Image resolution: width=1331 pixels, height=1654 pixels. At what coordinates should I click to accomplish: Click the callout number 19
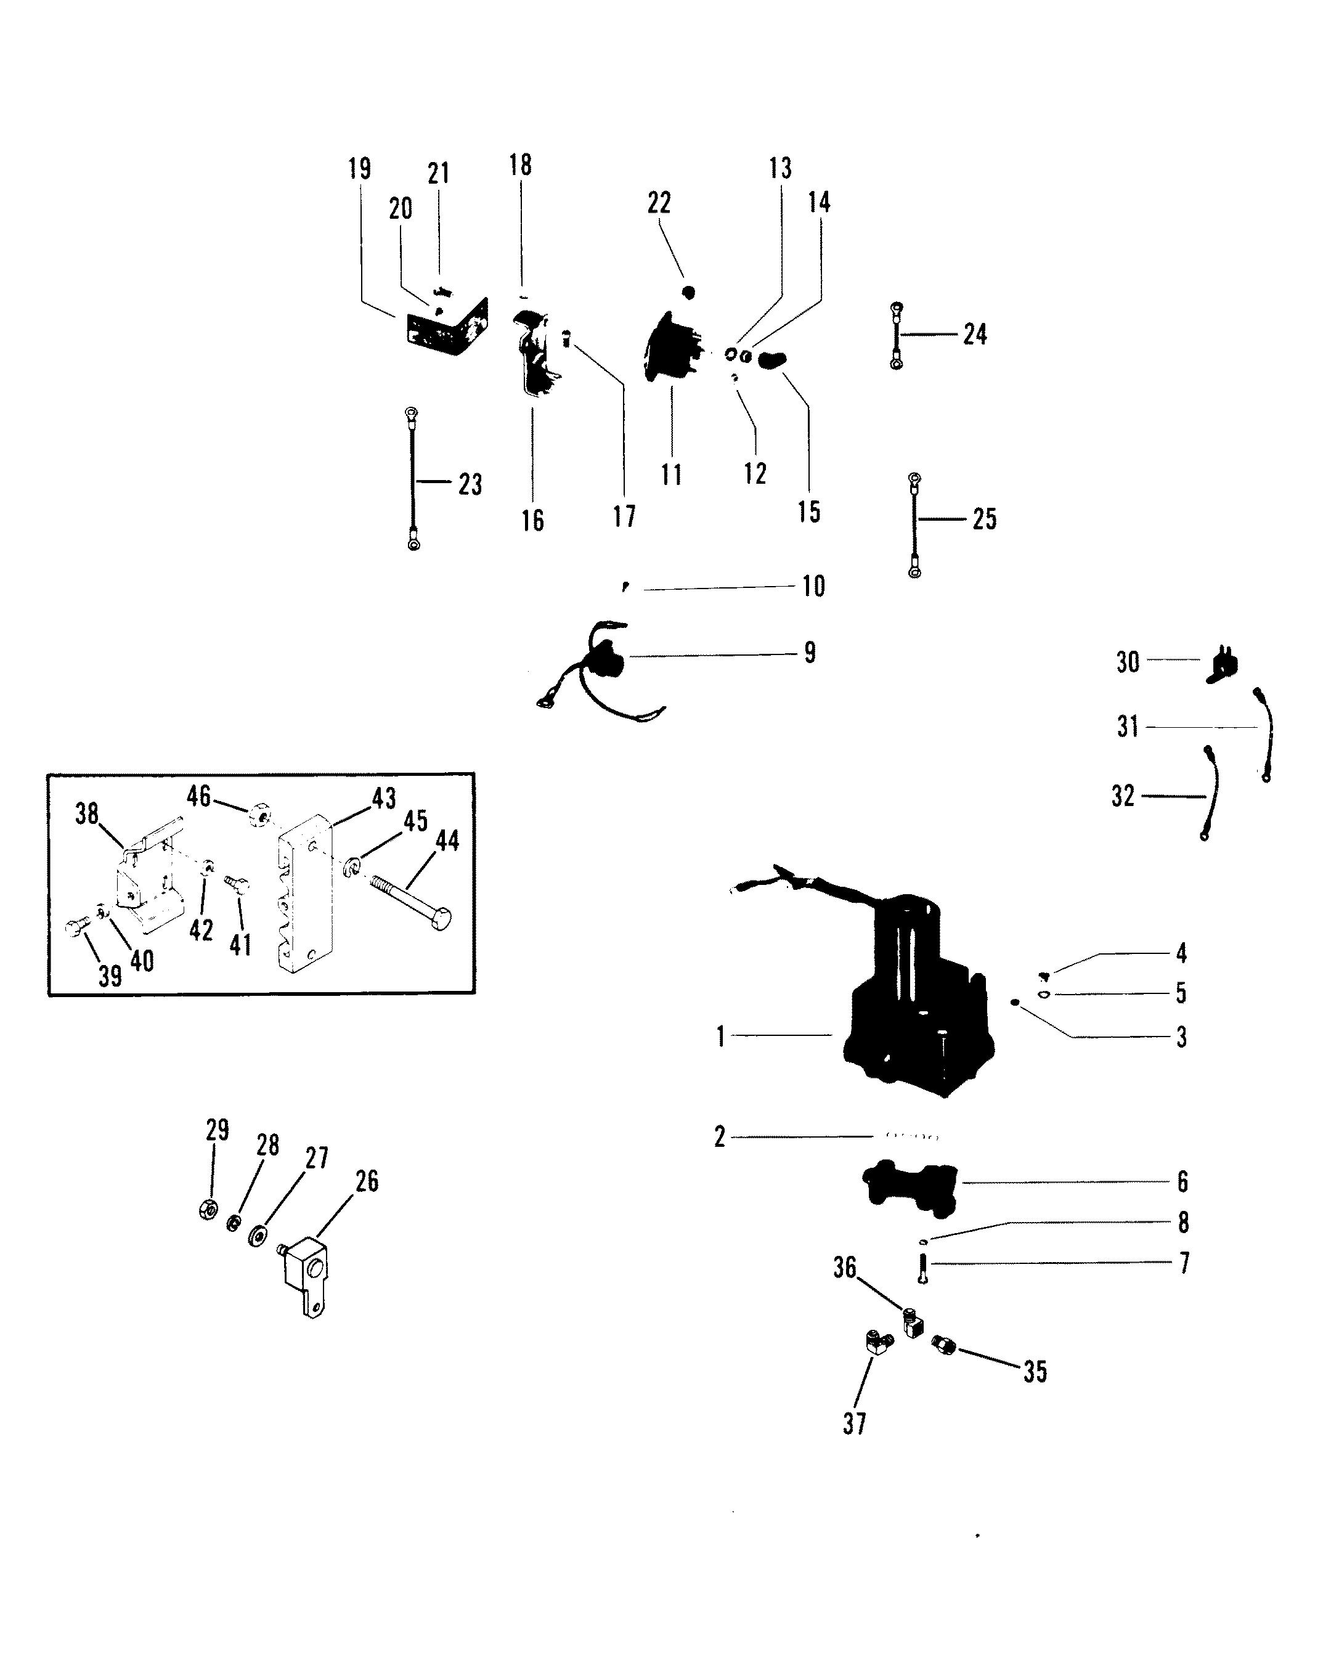[359, 169]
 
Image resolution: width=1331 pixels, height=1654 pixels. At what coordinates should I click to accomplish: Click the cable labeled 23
[413, 479]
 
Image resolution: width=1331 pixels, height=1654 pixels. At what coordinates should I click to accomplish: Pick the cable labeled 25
[914, 526]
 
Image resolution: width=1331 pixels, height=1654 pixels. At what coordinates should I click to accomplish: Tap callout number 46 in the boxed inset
[198, 796]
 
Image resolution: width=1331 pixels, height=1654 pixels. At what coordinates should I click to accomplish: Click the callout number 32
[1123, 796]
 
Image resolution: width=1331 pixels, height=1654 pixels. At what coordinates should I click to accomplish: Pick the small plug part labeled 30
[1224, 666]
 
